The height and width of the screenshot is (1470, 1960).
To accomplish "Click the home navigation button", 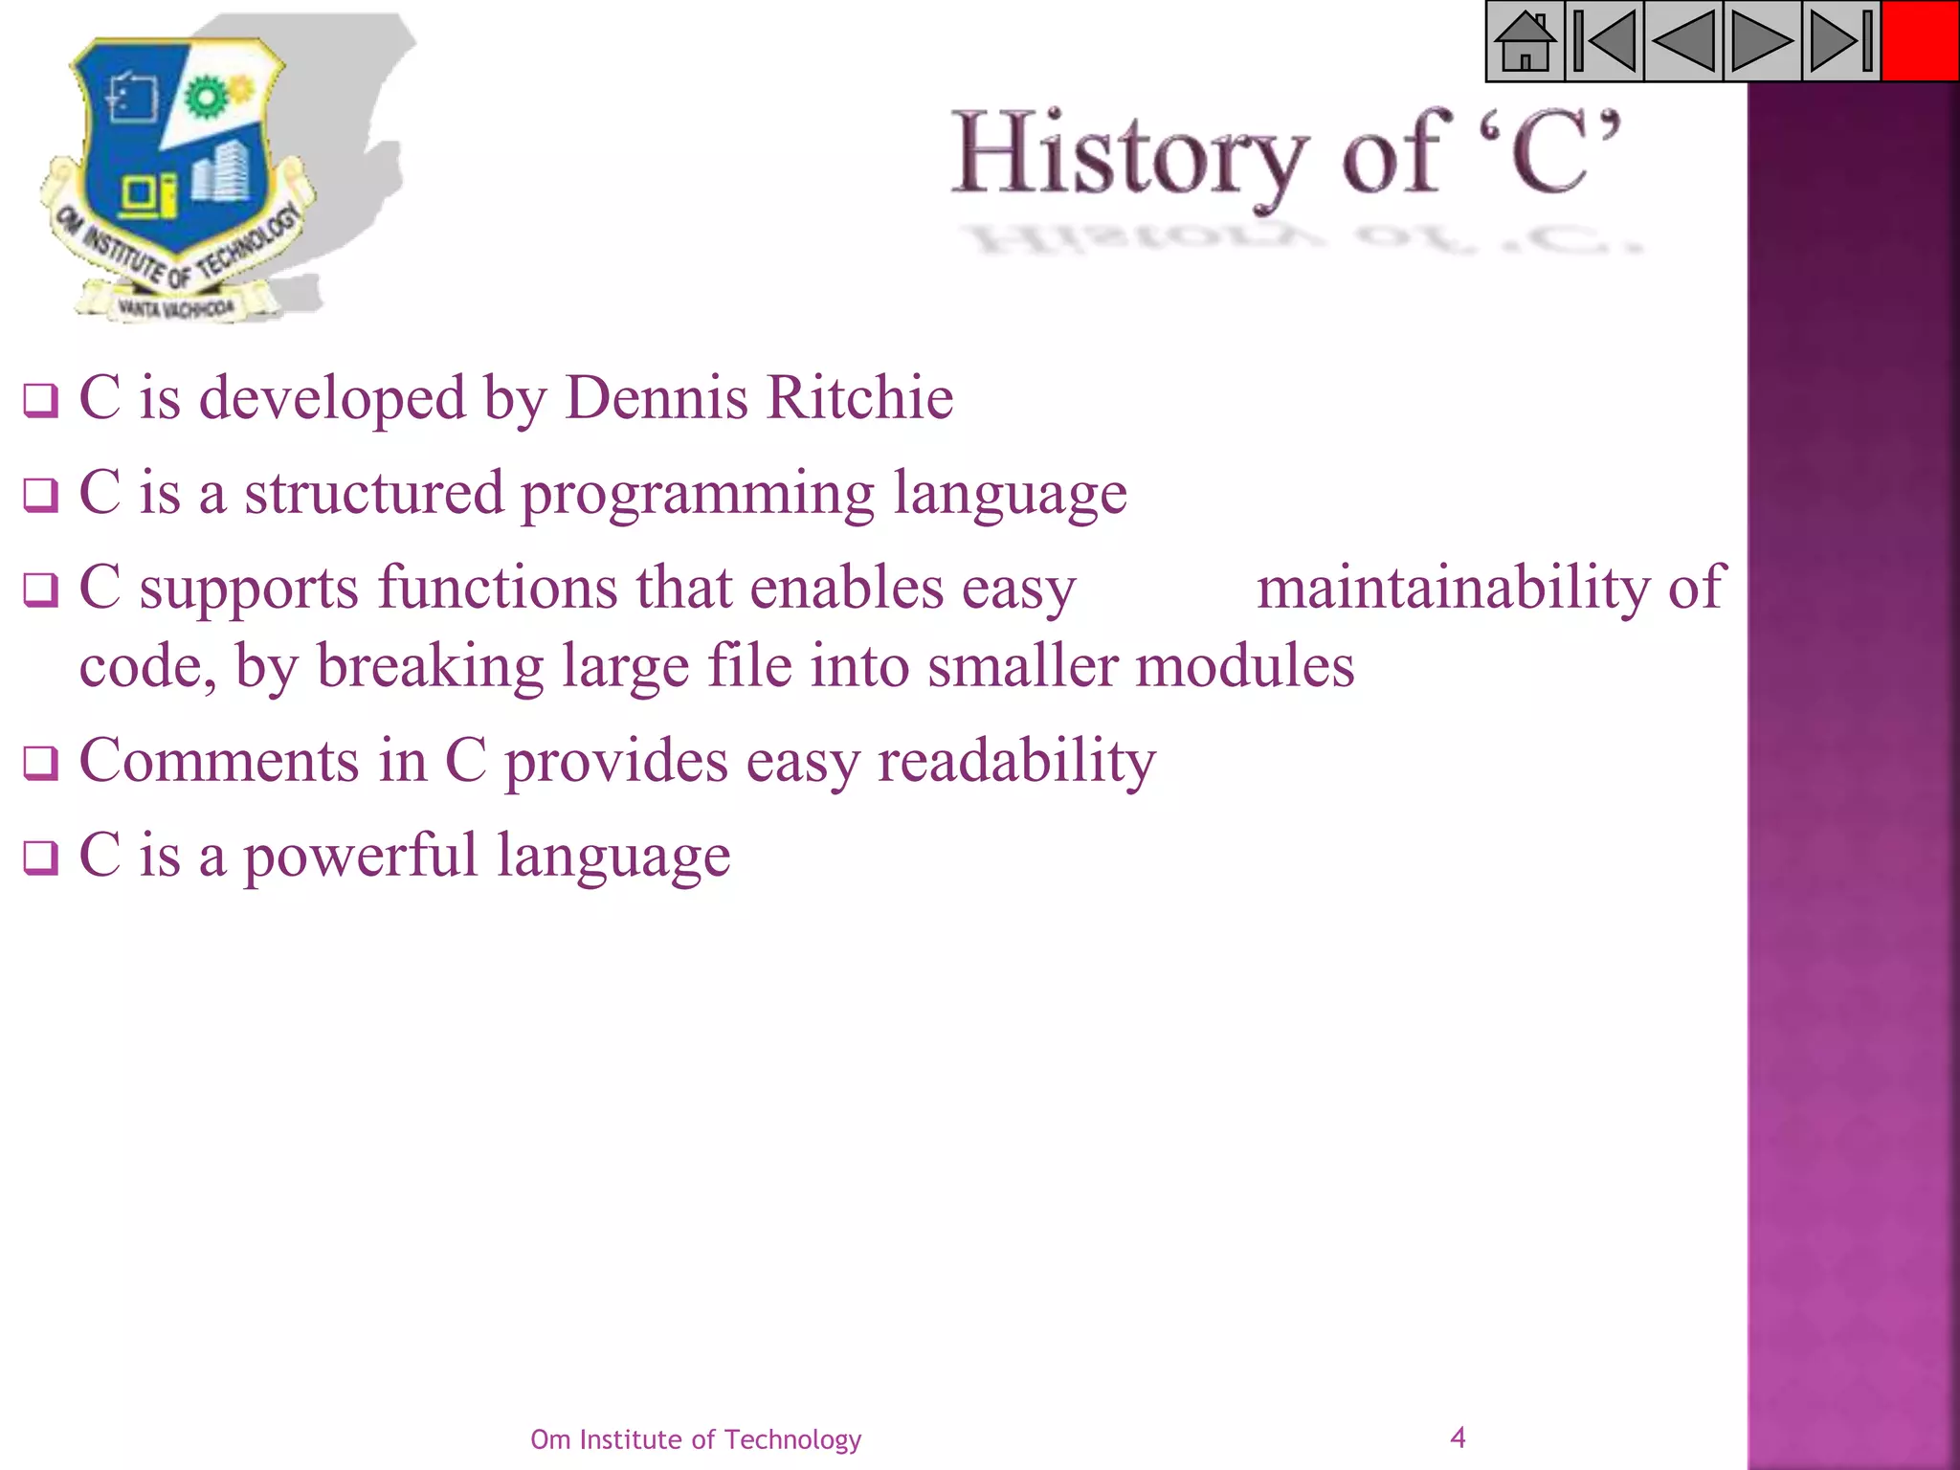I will pos(1525,41).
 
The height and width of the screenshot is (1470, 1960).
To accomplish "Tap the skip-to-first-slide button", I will pos(1604,41).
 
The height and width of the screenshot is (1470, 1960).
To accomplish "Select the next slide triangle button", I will pos(1762,41).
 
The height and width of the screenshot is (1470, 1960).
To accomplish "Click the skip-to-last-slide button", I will pos(1841,41).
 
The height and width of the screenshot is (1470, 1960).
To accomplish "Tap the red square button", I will pos(1920,41).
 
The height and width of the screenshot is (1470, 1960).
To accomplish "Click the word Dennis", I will pos(657,397).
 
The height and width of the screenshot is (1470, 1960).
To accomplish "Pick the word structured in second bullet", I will pos(373,493).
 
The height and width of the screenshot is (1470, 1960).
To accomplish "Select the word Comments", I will pos(219,761).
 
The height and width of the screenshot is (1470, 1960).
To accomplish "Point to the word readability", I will pos(1016,763).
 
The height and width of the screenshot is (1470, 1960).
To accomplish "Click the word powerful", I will pos(360,855).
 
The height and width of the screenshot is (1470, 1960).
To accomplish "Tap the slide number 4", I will pos(1458,1437).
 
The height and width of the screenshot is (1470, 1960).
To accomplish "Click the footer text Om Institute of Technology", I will pos(696,1439).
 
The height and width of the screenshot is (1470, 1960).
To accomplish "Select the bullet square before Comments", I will pos(40,764).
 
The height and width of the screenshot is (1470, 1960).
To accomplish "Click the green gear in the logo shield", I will pos(204,96).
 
